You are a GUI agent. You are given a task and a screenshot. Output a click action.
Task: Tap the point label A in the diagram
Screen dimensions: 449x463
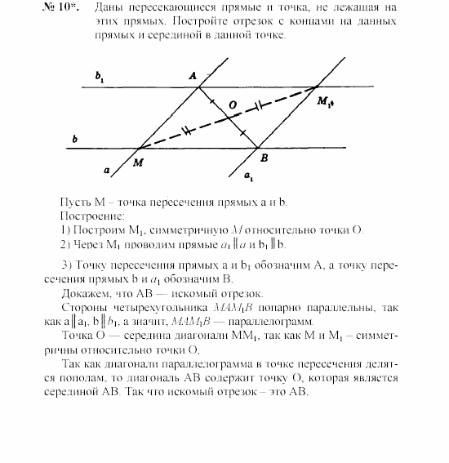coord(193,75)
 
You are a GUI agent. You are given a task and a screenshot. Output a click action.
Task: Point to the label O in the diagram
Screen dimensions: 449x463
coord(233,105)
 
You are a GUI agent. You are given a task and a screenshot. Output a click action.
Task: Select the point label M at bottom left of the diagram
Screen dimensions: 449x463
coord(139,162)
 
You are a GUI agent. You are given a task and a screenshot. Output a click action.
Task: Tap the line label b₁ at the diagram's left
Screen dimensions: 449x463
coord(100,78)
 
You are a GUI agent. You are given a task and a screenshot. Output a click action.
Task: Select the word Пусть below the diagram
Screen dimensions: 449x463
coord(76,203)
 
